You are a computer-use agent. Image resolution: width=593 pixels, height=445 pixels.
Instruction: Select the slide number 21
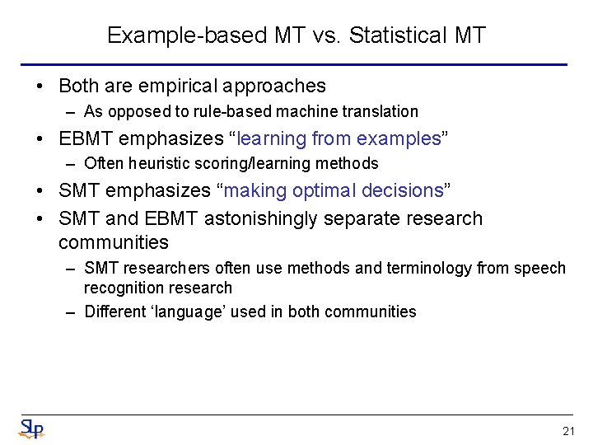(567, 431)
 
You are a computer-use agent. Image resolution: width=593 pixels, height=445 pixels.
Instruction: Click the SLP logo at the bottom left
(31, 429)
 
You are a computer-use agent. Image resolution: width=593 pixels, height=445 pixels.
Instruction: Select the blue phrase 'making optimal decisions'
(333, 190)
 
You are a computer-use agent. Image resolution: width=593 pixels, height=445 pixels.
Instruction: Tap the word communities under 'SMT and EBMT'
(114, 242)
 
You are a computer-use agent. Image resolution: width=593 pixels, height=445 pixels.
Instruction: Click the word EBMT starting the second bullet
(86, 138)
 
